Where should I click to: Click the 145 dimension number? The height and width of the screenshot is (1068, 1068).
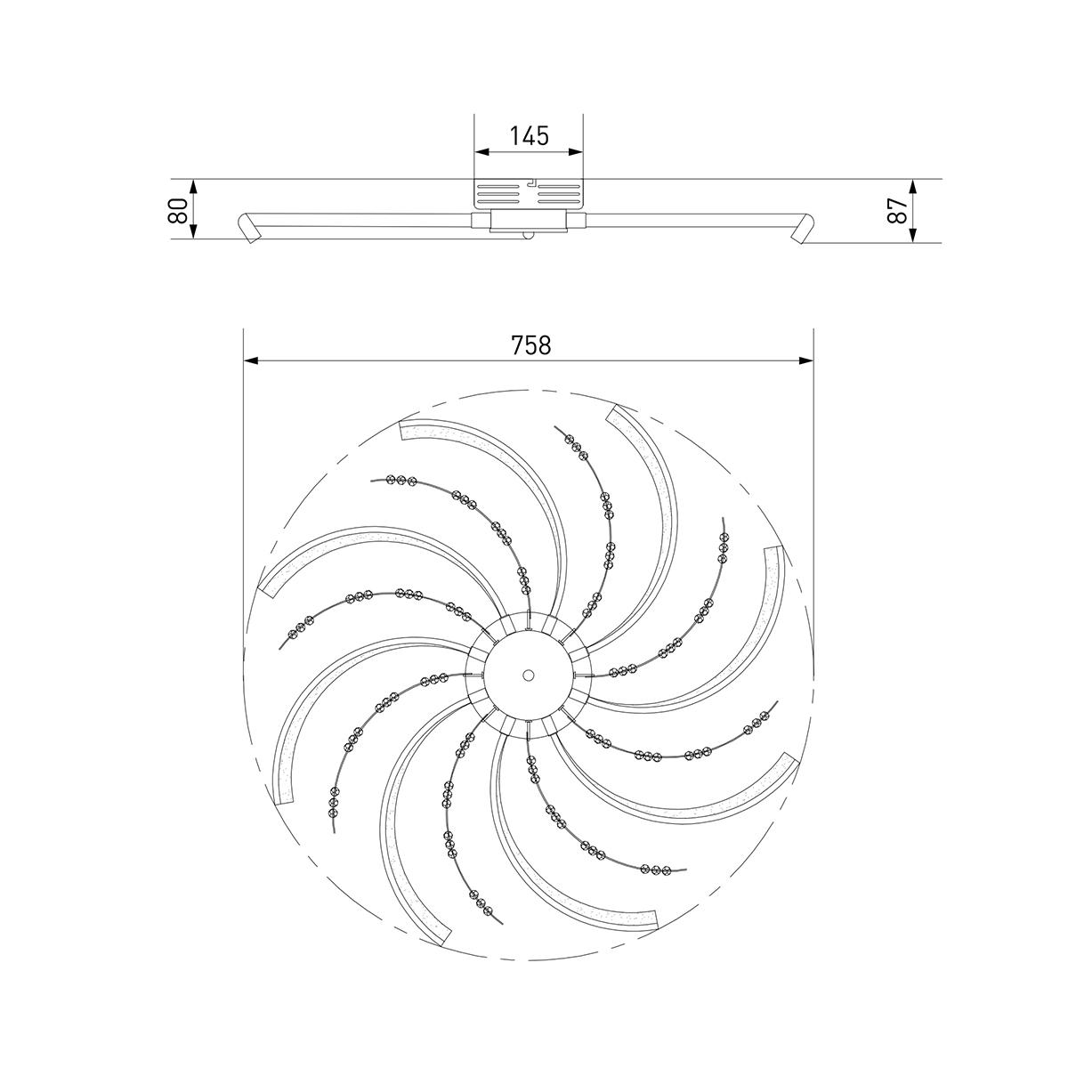click(529, 136)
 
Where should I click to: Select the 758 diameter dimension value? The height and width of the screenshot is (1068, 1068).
click(530, 345)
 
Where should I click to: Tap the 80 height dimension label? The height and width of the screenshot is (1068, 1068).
click(177, 210)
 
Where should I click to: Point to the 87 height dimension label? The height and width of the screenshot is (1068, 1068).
click(897, 211)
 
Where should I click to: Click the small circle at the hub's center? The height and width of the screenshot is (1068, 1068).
click(528, 675)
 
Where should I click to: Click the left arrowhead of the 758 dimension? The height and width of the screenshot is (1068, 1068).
click(251, 360)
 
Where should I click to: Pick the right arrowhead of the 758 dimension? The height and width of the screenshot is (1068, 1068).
click(805, 360)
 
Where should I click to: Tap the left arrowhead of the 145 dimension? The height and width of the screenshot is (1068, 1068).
click(482, 151)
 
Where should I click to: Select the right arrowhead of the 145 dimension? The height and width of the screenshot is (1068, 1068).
click(576, 151)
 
